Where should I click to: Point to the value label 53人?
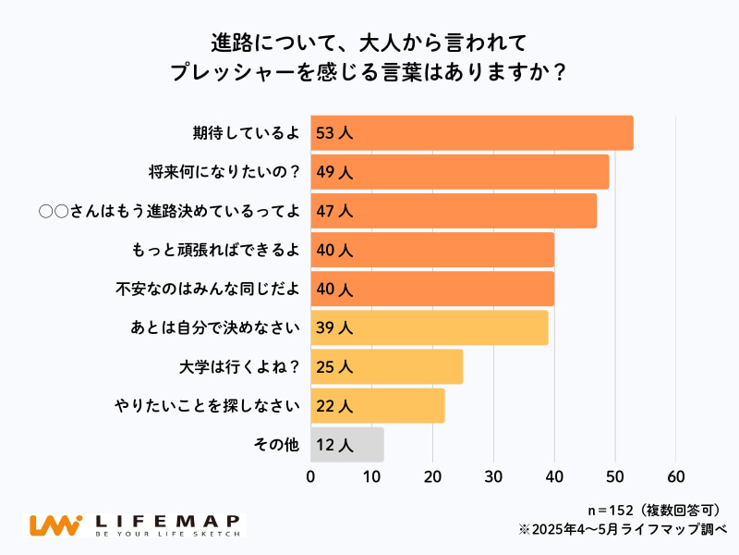click(334, 133)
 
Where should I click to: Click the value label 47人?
click(334, 211)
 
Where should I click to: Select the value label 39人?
click(334, 328)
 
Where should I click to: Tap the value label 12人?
click(334, 445)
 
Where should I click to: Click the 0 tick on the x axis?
click(311, 476)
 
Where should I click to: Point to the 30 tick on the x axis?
click(493, 476)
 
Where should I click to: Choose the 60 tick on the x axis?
click(675, 476)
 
